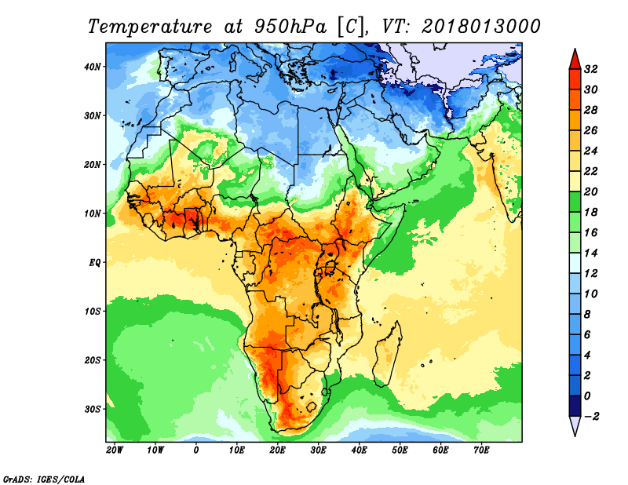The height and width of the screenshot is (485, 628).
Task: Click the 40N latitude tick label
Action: tap(93, 67)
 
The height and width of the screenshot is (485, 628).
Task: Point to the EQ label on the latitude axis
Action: tap(95, 263)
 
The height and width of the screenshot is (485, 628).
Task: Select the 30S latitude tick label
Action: tap(93, 410)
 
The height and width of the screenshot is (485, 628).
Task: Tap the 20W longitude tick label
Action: tap(115, 450)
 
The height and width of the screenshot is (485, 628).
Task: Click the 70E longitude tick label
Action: tap(481, 450)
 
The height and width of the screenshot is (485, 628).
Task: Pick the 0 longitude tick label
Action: tap(195, 450)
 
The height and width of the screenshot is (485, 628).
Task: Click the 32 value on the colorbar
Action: tap(590, 69)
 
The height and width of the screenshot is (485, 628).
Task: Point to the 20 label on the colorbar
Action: tap(590, 191)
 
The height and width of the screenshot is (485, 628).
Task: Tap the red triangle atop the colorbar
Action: tap(575, 60)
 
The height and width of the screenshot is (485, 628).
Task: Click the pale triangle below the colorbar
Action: tap(575, 426)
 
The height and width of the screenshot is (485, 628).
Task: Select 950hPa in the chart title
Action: tap(290, 27)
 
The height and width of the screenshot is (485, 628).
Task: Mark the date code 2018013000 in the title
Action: tap(481, 27)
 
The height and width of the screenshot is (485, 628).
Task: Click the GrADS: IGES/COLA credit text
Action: tap(44, 479)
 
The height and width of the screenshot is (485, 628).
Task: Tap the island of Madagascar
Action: tap(387, 355)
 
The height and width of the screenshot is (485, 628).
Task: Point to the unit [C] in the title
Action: tap(351, 27)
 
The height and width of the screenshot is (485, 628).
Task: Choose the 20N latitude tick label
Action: tap(93, 165)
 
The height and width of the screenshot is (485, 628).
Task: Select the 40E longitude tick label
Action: tap(359, 450)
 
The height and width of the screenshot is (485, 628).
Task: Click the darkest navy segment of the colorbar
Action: tap(575, 406)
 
